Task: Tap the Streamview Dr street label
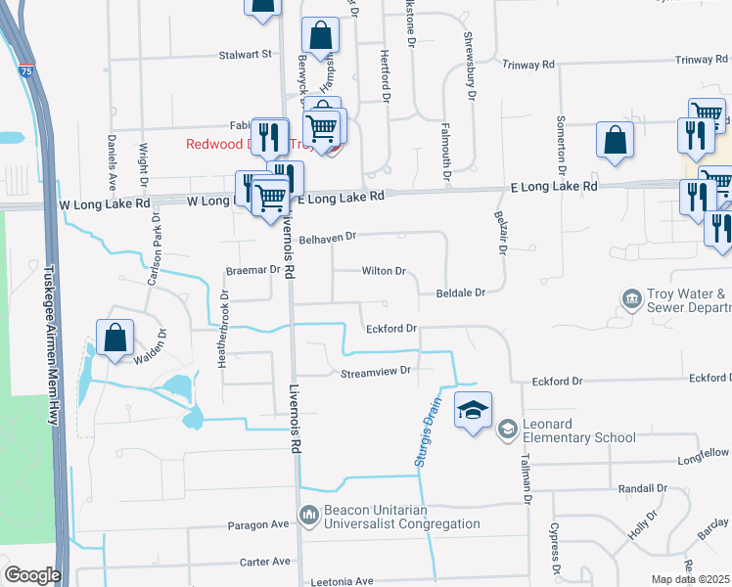point(375,372)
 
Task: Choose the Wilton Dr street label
point(384,270)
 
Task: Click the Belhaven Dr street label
point(328,237)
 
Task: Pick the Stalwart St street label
point(244,55)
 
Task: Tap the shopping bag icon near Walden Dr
point(115,337)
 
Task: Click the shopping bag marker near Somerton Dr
point(616,140)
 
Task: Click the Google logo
point(32,574)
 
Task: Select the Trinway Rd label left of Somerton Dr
point(528,64)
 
